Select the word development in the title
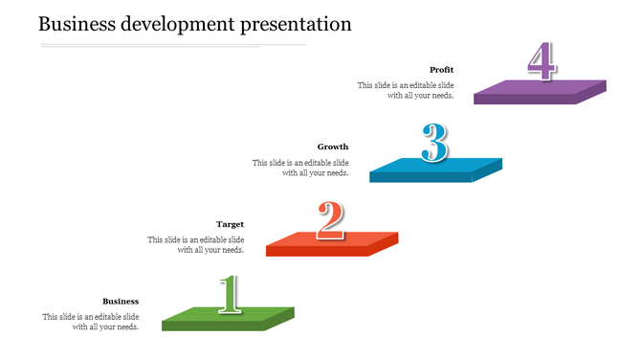coord(183,23)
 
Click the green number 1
coord(229,294)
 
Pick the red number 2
coord(330,220)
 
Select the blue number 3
coord(435,144)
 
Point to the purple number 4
coord(542,62)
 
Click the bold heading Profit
coord(441,70)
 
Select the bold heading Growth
coord(333,146)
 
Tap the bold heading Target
coord(230,224)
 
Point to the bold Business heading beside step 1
coord(121,301)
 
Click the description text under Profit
coord(406,90)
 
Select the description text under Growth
coord(300,168)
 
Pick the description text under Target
coord(195,244)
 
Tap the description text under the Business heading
coord(91,322)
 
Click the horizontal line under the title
coord(172,45)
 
